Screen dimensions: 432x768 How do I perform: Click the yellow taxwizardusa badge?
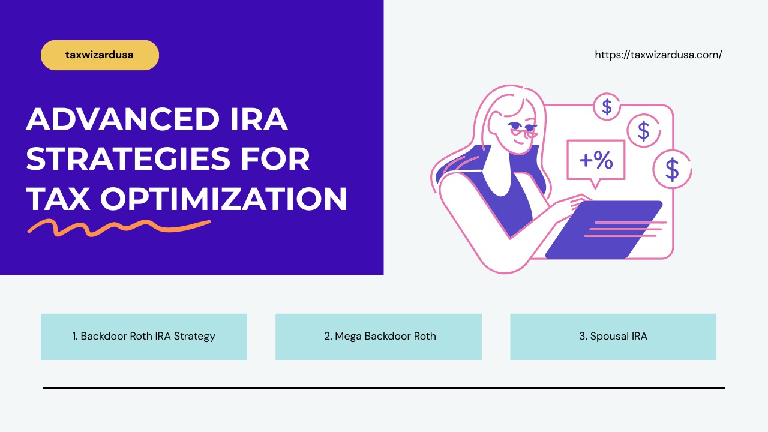click(x=100, y=55)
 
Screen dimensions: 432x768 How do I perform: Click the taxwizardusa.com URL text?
click(x=658, y=55)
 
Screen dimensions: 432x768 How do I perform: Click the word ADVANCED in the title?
click(x=123, y=120)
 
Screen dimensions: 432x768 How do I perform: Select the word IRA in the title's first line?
click(x=259, y=120)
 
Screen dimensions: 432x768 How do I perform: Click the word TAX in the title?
click(x=58, y=199)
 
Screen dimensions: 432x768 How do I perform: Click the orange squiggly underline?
click(x=119, y=227)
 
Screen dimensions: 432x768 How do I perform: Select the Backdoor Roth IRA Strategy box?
click(x=144, y=337)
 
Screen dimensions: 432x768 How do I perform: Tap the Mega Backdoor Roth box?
click(x=379, y=337)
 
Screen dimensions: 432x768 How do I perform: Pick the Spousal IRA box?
click(x=613, y=337)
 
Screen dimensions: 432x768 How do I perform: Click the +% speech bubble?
click(x=596, y=160)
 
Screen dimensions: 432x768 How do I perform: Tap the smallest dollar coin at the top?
click(x=607, y=107)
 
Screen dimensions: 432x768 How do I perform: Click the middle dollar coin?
click(x=643, y=130)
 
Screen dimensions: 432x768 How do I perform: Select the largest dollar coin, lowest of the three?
click(x=672, y=169)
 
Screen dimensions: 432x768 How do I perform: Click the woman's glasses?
click(x=521, y=128)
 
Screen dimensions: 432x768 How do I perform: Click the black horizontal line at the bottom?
click(x=384, y=388)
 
